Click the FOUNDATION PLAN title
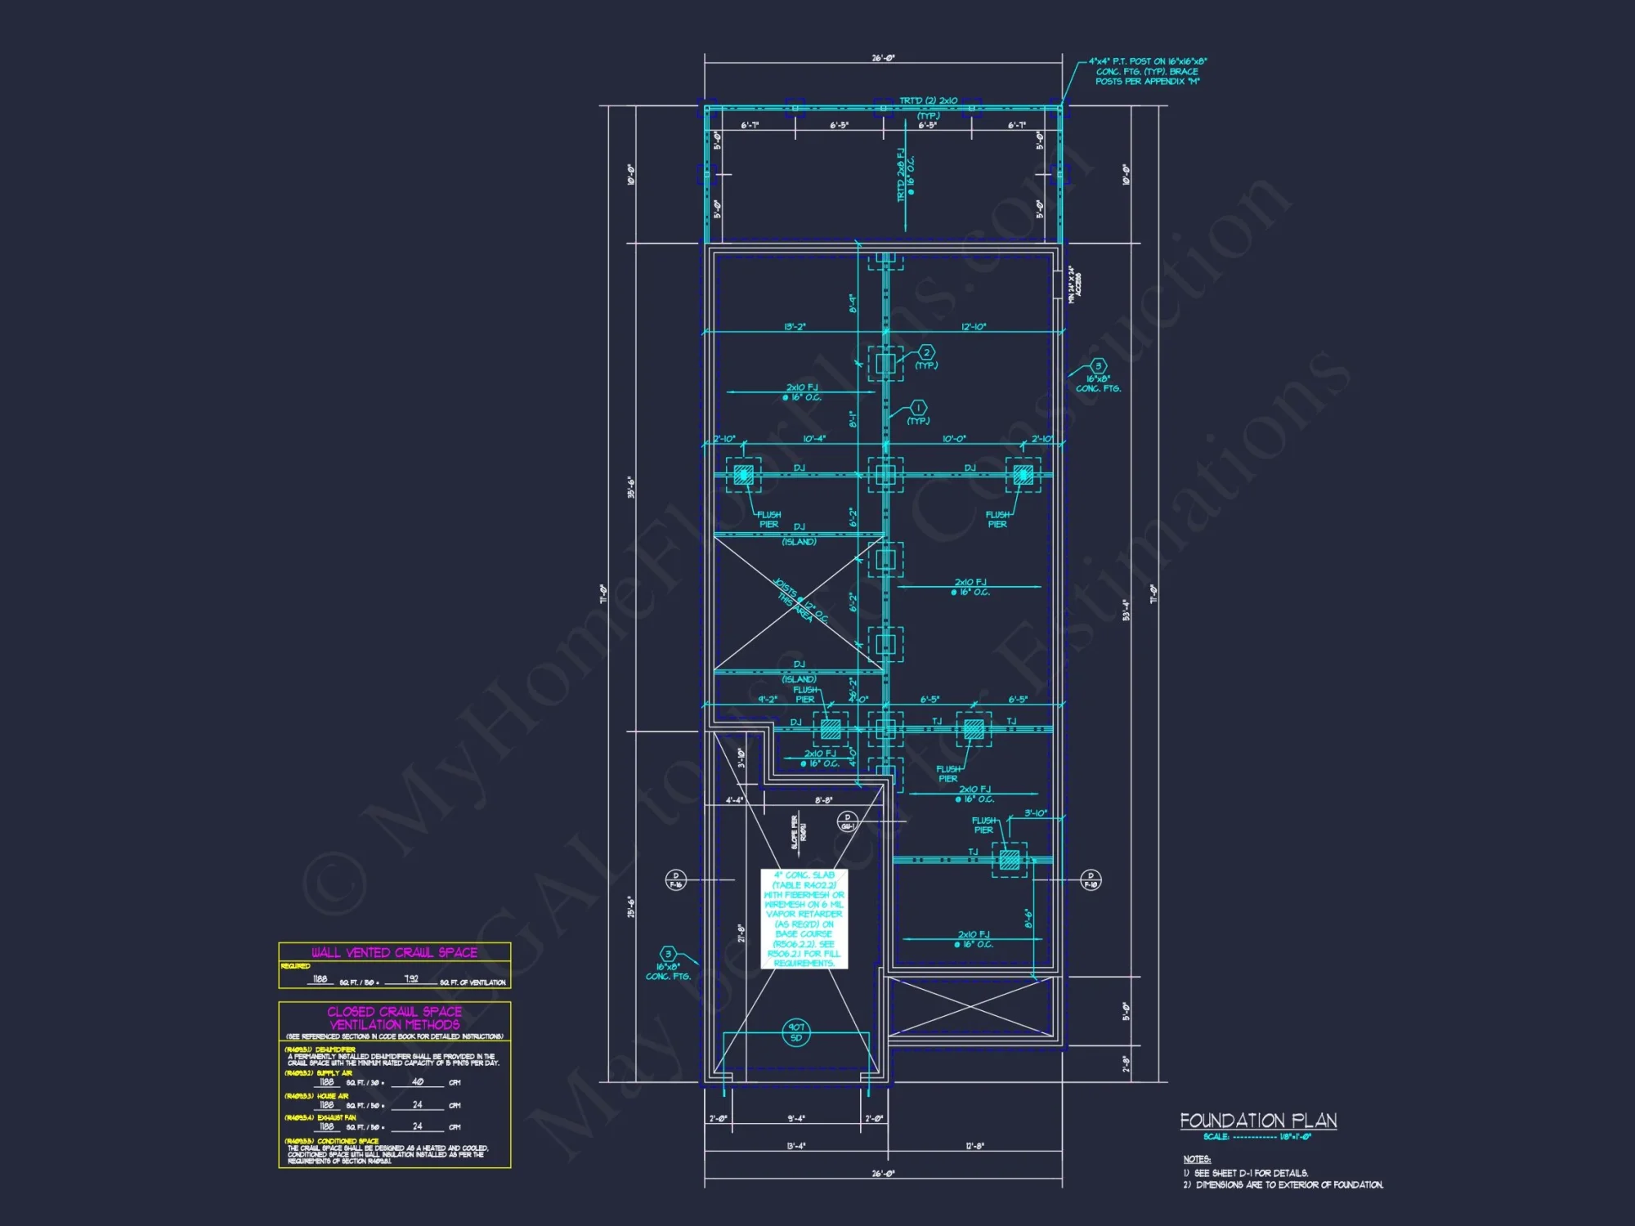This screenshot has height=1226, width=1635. point(1258,1121)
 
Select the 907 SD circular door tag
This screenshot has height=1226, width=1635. point(796,1032)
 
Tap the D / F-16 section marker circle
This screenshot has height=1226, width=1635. point(675,880)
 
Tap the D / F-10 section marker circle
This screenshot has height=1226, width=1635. point(1091,880)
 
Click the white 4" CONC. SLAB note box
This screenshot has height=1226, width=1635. point(804,919)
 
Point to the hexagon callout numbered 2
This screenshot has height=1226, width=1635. point(926,352)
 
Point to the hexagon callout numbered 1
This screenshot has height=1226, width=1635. point(918,408)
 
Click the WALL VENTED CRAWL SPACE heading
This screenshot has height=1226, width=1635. point(394,952)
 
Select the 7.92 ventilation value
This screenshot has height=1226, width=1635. point(411,978)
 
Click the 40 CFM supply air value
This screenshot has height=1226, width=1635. point(417,1081)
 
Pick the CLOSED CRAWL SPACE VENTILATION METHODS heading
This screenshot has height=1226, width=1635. point(394,1018)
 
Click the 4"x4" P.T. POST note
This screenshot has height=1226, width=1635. point(1148,71)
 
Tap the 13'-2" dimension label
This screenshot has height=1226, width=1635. point(795,327)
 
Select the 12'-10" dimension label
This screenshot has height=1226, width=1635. point(973,327)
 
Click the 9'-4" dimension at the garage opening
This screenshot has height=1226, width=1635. point(795,1118)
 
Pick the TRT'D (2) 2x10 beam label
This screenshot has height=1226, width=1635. point(928,101)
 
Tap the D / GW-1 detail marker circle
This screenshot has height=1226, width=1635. point(848,821)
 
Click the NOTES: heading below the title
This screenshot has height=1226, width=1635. point(1197,1159)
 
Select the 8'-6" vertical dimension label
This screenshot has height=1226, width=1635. point(1028,918)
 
